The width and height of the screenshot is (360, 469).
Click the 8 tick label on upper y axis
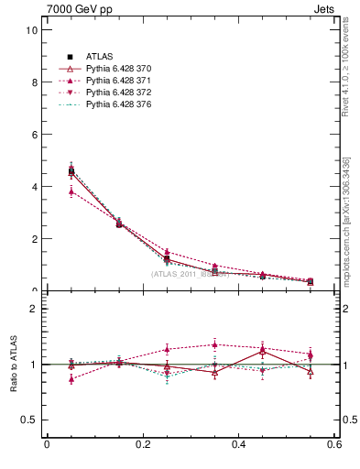click(34, 82)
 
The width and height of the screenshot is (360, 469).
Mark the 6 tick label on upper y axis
click(34, 135)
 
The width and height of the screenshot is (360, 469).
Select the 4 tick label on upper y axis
click(34, 187)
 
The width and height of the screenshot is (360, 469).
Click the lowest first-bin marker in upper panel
click(71, 191)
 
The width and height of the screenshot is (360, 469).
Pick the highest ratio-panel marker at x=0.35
click(215, 344)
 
